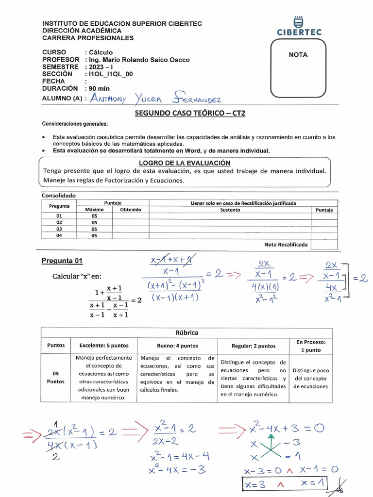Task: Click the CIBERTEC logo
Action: pyautogui.click(x=299, y=27)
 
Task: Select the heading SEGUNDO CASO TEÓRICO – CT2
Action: pyautogui.click(x=186, y=113)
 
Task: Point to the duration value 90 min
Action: pyautogui.click(x=99, y=89)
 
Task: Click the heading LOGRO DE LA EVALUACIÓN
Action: pyautogui.click(x=185, y=163)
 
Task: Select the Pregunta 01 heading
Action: pyautogui.click(x=62, y=261)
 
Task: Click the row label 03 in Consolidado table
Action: pyautogui.click(x=59, y=229)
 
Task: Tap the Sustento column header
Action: pyautogui.click(x=230, y=210)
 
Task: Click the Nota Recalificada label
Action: pyautogui.click(x=286, y=245)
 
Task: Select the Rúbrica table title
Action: pyautogui.click(x=186, y=333)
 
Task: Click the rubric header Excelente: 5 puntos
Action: pyautogui.click(x=104, y=346)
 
